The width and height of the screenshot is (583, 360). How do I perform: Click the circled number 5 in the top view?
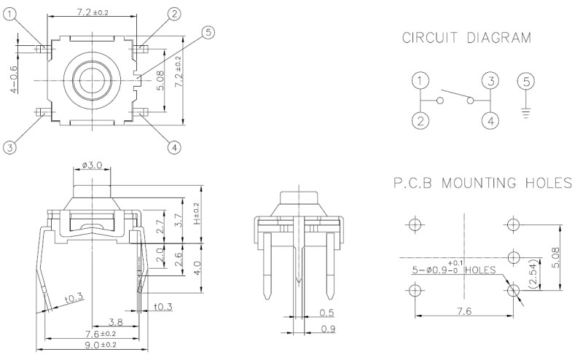coord(208,33)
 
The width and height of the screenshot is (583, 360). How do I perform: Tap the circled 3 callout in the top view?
coord(9,147)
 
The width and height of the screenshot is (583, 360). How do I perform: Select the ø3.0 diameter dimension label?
coord(92,165)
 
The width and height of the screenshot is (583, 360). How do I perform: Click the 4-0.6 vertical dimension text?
coord(13,79)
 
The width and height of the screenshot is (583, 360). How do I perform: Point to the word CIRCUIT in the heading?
coord(430,38)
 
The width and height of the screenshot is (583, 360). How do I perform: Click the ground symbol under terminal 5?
coord(525,112)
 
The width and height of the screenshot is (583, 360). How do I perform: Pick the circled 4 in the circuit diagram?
coord(490,120)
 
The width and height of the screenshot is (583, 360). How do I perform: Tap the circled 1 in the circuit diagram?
coord(420,81)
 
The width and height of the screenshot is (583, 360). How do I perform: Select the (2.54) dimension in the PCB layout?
coord(533,274)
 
